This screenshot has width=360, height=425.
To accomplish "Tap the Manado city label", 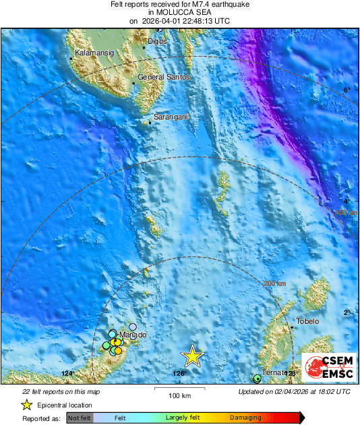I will [x=132, y=335].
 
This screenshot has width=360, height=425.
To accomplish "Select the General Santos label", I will [x=163, y=78].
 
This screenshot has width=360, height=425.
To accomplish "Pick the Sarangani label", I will [x=171, y=117].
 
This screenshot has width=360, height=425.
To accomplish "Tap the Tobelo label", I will [x=307, y=321].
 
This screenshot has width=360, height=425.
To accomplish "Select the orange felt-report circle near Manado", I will [x=118, y=350].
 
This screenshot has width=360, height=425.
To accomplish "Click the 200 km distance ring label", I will [x=274, y=284].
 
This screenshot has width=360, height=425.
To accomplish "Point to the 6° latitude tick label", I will [x=347, y=90].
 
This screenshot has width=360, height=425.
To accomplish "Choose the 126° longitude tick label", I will [x=179, y=373].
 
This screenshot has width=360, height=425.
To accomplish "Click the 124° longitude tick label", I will [x=67, y=373].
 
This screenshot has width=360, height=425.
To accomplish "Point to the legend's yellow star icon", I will [x=26, y=405].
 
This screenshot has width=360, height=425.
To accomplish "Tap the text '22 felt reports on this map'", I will [x=61, y=391].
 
